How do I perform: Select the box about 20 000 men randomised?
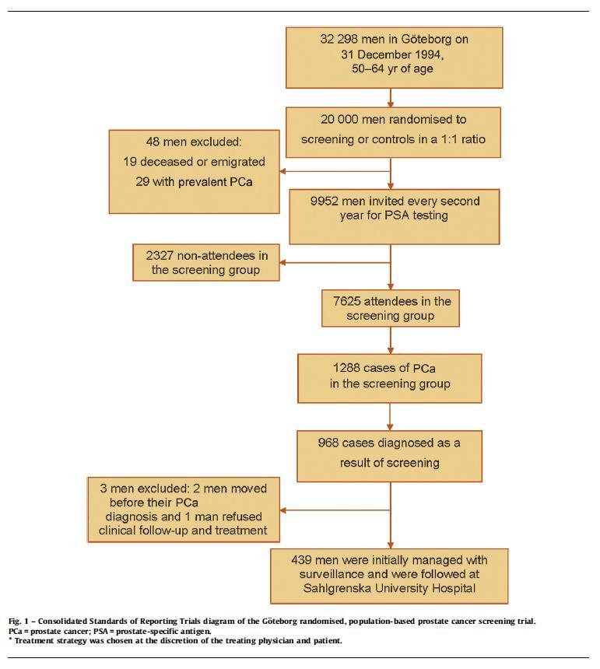pyautogui.click(x=393, y=132)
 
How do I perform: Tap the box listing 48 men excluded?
pyautogui.click(x=195, y=171)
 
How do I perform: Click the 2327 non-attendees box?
pyautogui.click(x=206, y=262)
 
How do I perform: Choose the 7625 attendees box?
pyautogui.click(x=391, y=309)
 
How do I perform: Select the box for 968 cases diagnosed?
pyautogui.click(x=390, y=456)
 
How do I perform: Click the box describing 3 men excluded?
pyautogui.click(x=184, y=510)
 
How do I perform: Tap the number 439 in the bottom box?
pyautogui.click(x=301, y=560)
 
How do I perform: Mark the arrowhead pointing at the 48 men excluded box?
pyautogui.click(x=283, y=171)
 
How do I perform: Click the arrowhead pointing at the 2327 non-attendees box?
pyautogui.click(x=283, y=262)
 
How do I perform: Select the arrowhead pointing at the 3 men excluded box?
pyautogui.click(x=283, y=510)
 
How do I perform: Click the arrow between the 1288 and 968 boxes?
pyautogui.click(x=390, y=417)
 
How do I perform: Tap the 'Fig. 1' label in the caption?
pyautogui.click(x=16, y=622)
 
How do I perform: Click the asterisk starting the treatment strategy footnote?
pyautogui.click(x=10, y=639)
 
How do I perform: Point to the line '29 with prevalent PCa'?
pyautogui.click(x=195, y=182)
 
